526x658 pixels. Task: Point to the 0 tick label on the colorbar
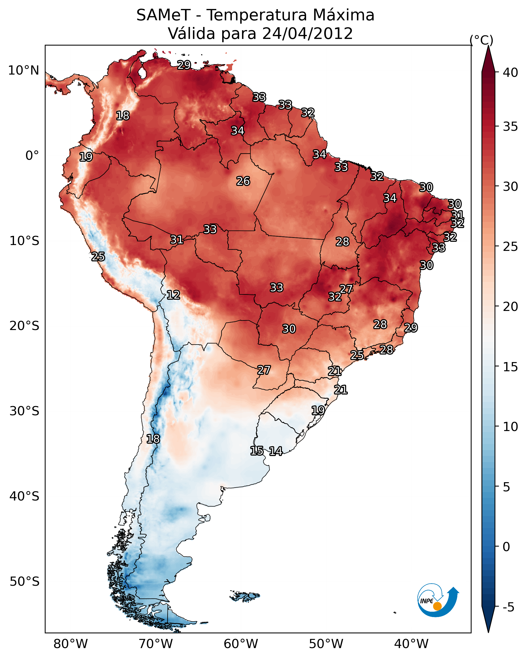point(506,547)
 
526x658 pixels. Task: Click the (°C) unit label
point(481,40)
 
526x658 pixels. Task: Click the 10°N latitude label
point(23,70)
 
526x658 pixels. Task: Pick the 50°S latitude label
point(24,582)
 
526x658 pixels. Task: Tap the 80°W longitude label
point(70,644)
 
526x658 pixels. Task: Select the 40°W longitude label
point(411,644)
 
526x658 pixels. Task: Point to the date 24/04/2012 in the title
point(307,34)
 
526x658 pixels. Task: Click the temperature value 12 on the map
point(173,295)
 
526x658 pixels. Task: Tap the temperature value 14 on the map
point(276,451)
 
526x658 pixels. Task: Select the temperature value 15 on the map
point(257,451)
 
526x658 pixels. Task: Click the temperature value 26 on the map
point(243,181)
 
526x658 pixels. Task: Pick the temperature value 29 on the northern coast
point(184,65)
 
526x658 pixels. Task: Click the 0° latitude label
point(32,156)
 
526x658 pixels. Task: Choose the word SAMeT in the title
point(163,15)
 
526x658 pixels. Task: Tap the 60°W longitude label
point(241,644)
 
